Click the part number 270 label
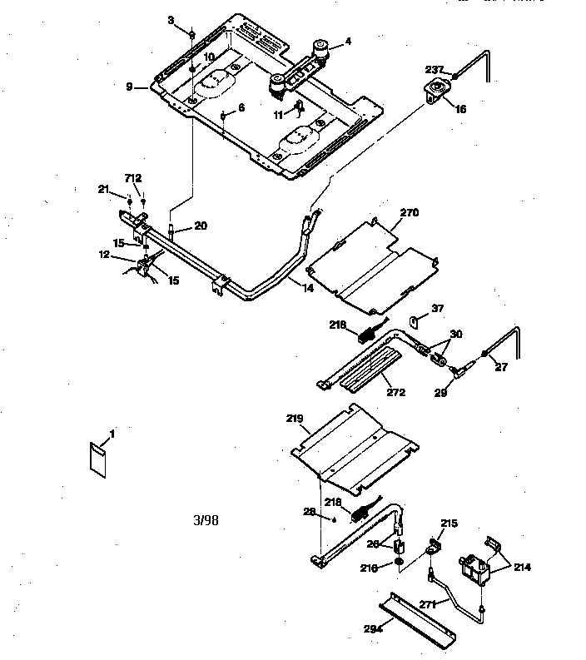pos(409,213)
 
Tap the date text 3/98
pos(206,521)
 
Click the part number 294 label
pos(372,629)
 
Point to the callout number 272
pos(395,391)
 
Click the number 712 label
pos(133,178)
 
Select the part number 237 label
pos(435,70)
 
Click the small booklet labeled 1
pos(97,459)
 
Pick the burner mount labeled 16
pos(436,92)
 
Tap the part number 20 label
pos(201,225)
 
